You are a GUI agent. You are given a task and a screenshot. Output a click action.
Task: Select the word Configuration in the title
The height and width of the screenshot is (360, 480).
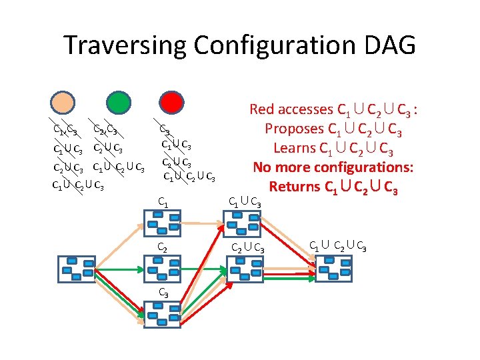click(x=275, y=45)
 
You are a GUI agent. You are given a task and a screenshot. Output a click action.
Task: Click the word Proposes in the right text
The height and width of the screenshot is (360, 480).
click(x=294, y=128)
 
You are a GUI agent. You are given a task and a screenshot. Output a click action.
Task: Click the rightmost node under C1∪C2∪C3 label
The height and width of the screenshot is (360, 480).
click(x=333, y=269)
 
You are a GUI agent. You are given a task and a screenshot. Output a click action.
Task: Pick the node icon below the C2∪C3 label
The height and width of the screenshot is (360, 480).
click(x=245, y=269)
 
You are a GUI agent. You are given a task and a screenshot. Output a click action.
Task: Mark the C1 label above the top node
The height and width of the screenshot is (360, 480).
click(x=163, y=200)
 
